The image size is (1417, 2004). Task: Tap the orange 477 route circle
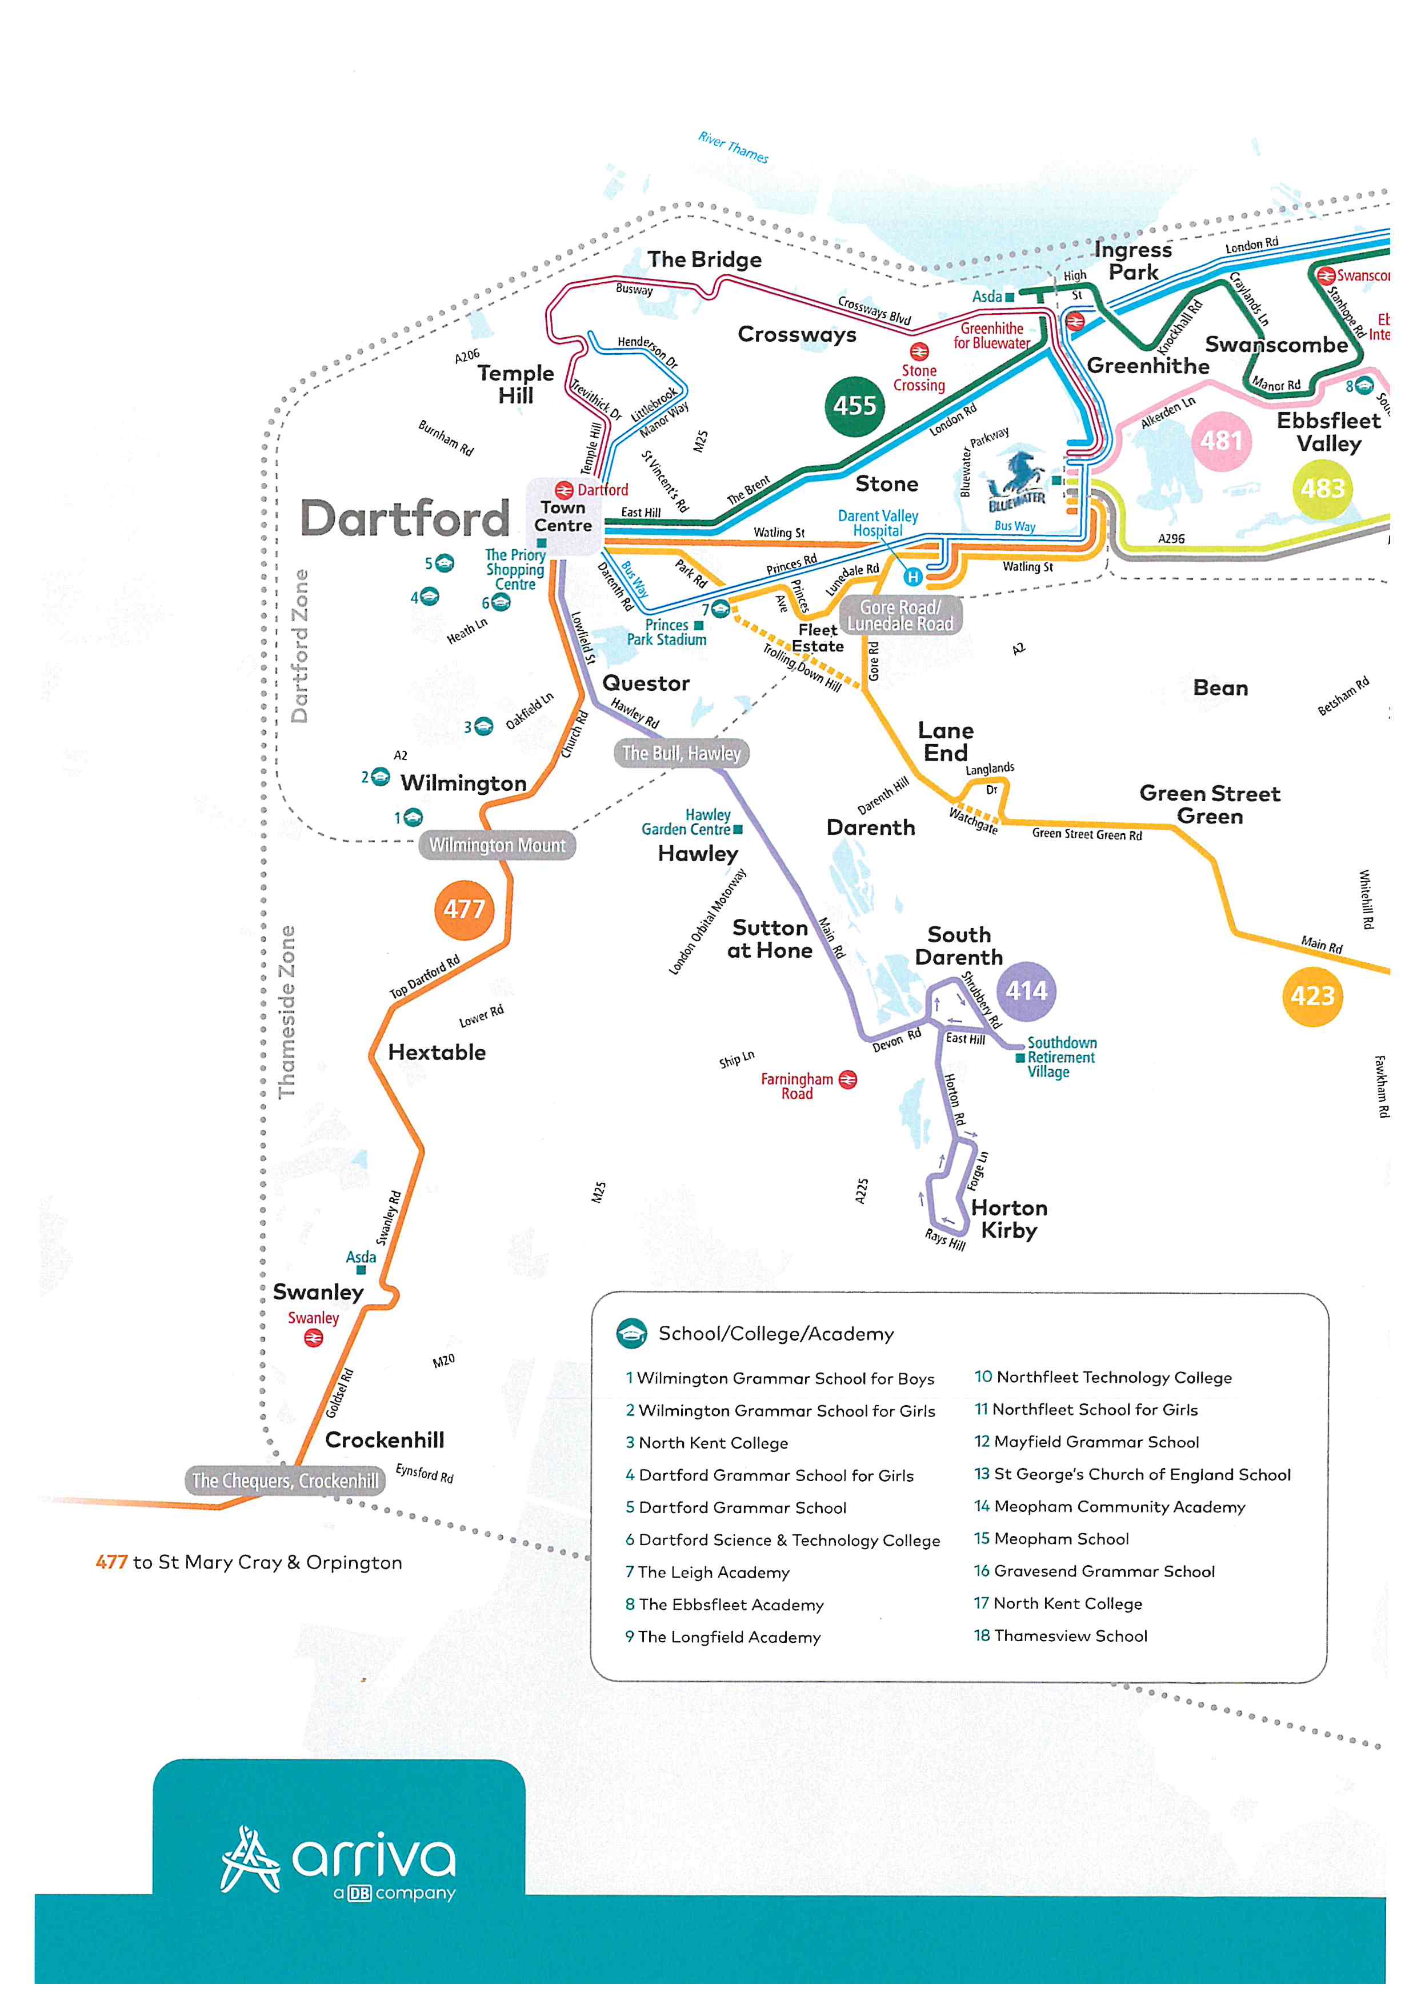[463, 910]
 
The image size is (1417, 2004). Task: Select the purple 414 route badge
[1026, 991]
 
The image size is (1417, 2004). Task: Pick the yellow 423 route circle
[1312, 996]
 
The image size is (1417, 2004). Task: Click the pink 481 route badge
[1220, 441]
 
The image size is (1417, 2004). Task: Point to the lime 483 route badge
[1322, 489]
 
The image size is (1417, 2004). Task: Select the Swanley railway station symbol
[313, 1338]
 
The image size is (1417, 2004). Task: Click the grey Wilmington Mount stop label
[497, 845]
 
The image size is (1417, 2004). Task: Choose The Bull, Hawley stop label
[682, 753]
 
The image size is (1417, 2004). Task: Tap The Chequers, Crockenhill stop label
[285, 1481]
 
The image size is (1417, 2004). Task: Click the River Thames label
[733, 147]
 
